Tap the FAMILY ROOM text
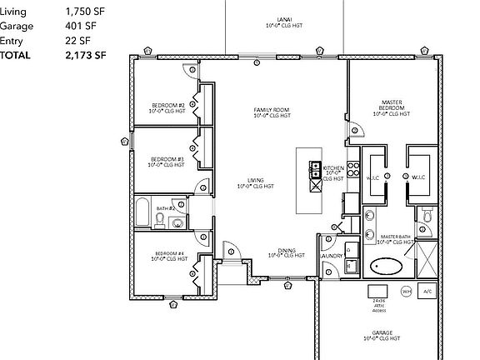click(272, 110)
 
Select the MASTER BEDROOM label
click(391, 105)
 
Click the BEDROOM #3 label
click(167, 158)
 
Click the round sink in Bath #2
click(178, 203)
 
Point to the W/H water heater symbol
click(406, 292)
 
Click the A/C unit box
click(427, 292)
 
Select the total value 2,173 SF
click(87, 55)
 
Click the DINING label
click(286, 250)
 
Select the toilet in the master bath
click(427, 216)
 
